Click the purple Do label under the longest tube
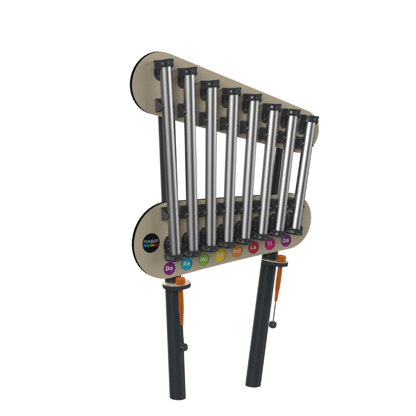tap(169, 268)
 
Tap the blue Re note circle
tap(187, 264)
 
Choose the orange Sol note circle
tap(237, 251)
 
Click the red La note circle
tap(254, 248)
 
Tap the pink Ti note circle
tap(269, 244)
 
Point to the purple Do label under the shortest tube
tap(285, 240)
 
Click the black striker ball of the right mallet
tap(272, 325)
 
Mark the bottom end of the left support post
tap(177, 396)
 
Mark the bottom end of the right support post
tap(254, 385)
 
